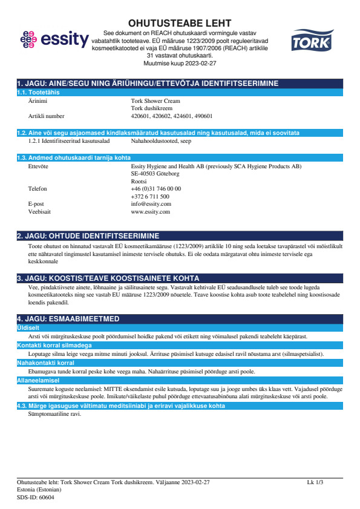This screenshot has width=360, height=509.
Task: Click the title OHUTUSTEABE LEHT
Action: (180, 23)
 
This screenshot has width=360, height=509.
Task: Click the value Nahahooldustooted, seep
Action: (160, 140)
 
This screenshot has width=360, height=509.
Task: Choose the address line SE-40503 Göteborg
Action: (155, 173)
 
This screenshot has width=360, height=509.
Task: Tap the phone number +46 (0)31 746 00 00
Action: (155, 189)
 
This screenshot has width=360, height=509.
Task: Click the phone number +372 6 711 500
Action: (149, 197)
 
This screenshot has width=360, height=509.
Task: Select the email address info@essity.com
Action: (151, 205)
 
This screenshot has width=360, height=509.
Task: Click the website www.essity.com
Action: (150, 212)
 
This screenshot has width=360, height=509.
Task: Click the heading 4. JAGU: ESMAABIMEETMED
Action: (68, 318)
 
